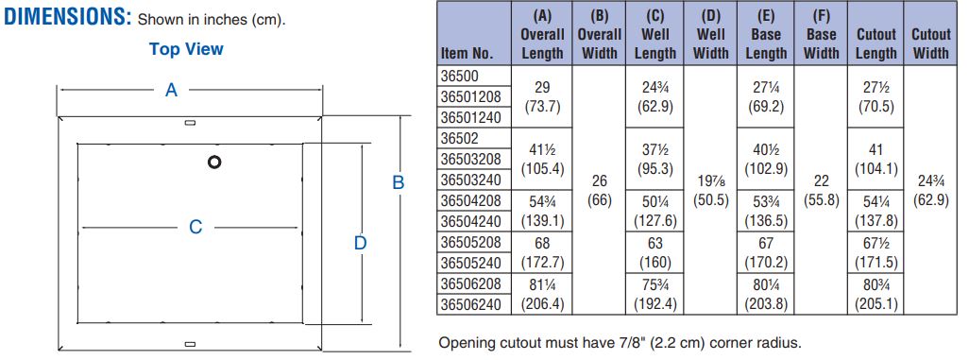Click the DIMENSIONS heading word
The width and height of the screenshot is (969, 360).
68,17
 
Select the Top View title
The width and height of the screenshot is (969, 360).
186,49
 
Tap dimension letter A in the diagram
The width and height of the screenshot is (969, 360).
171,91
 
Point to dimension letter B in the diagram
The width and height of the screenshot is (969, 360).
399,183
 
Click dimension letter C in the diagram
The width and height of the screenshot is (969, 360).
195,228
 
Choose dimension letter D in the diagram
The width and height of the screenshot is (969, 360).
360,243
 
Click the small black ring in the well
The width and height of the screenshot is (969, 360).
214,163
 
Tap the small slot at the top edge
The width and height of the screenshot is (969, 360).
191,122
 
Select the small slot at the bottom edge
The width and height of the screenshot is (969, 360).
191,343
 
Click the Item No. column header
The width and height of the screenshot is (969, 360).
467,54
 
